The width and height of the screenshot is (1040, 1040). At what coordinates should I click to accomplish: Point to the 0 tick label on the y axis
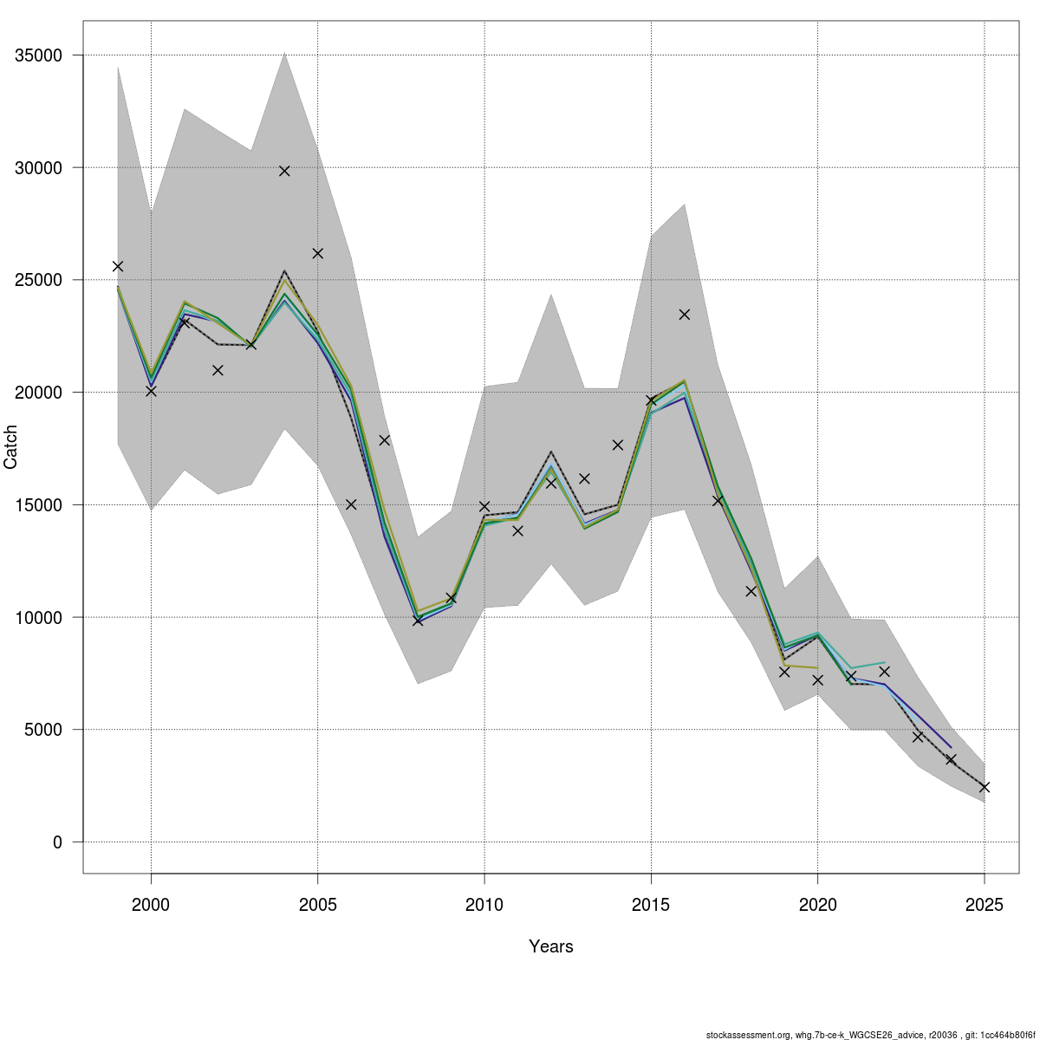coord(58,842)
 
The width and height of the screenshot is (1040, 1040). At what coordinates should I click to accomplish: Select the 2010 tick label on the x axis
coord(484,905)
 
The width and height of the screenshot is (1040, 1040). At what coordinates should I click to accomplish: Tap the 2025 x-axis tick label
coord(985,905)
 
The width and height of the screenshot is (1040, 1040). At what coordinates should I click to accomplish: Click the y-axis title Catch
coord(10,447)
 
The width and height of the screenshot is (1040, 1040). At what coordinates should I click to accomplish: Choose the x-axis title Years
coord(551,946)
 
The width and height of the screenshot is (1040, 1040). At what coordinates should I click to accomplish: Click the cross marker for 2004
coord(284,171)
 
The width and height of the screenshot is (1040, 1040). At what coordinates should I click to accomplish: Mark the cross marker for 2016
coord(685,314)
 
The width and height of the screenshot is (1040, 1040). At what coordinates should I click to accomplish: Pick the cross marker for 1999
coord(118,266)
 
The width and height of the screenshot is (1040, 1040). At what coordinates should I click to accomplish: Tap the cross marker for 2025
coord(985,788)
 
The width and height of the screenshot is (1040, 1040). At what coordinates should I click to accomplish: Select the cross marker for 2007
coord(384,440)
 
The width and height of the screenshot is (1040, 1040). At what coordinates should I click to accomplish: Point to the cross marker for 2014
coord(618,445)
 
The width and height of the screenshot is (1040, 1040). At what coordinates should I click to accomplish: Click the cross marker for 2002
coord(218,370)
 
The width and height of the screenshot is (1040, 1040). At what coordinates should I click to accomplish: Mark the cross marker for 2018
coord(751,592)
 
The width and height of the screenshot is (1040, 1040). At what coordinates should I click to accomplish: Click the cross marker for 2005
coord(318,253)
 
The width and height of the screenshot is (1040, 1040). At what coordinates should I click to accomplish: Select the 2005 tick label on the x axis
coord(318,905)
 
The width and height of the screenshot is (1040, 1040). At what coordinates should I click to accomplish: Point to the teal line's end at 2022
coord(885,662)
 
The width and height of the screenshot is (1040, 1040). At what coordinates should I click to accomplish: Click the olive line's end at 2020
coord(818,668)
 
